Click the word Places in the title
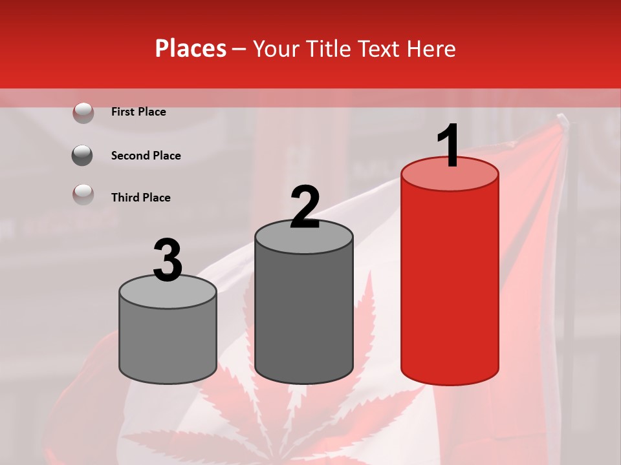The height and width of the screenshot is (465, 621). pyautogui.click(x=190, y=48)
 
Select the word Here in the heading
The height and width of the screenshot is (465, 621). pyautogui.click(x=430, y=48)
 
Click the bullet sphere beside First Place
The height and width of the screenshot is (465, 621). pyautogui.click(x=83, y=112)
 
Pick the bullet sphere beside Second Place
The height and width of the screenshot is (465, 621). pyautogui.click(x=83, y=156)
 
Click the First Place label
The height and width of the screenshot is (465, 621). pyautogui.click(x=138, y=112)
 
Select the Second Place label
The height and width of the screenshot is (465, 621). pyautogui.click(x=146, y=156)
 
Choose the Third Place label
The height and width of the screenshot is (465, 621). pyautogui.click(x=140, y=198)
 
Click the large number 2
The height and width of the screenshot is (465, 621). pyautogui.click(x=305, y=208)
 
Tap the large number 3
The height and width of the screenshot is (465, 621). pyautogui.click(x=168, y=261)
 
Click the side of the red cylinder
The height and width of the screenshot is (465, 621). pyautogui.click(x=450, y=284)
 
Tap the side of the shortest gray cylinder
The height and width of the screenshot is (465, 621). pyautogui.click(x=168, y=342)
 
